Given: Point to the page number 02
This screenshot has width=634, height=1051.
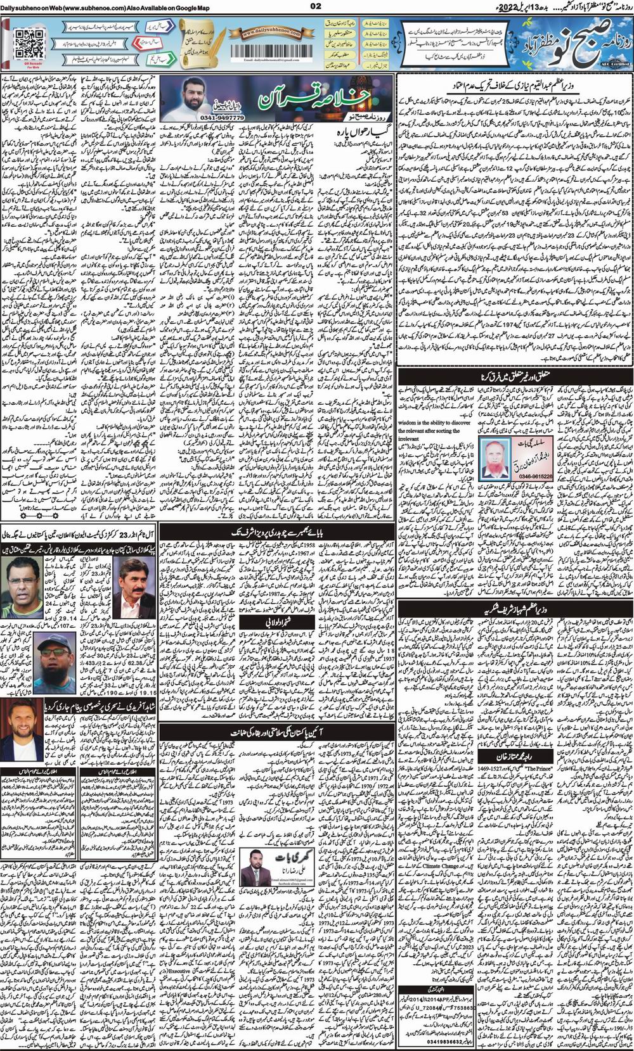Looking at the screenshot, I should [x=316, y=6].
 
